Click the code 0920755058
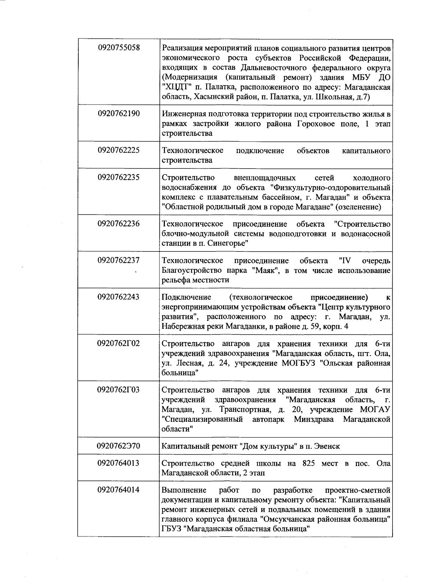[x=119, y=48]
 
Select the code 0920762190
[x=119, y=114]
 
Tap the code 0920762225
[x=119, y=150]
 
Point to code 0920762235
[x=119, y=177]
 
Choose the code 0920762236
[x=119, y=224]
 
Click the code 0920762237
[x=119, y=260]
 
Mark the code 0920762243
[x=119, y=297]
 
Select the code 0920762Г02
[x=119, y=343]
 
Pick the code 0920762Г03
[x=119, y=390]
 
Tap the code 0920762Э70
[x=119, y=446]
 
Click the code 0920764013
[x=119, y=463]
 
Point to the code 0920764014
[x=119, y=490]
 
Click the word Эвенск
[x=327, y=446]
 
